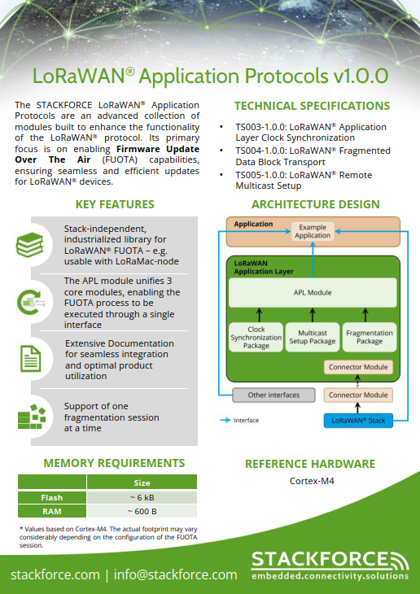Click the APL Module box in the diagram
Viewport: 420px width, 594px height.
coord(313,291)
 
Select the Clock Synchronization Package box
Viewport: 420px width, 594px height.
coord(256,337)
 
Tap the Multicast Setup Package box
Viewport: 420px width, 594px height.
coord(312,337)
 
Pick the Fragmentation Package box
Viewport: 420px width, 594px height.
coord(369,337)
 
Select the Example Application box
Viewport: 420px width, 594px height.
coord(313,231)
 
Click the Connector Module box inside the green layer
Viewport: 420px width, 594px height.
coord(358,367)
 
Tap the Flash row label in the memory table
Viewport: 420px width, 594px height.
coord(51,497)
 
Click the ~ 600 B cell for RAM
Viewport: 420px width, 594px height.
coord(141,511)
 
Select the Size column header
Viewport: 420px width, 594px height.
coord(141,483)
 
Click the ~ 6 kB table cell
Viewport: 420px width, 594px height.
coord(141,497)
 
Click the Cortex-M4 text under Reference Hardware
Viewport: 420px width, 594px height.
coord(312,481)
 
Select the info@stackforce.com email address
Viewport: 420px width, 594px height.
coord(175,574)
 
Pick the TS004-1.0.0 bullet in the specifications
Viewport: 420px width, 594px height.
coord(313,156)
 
